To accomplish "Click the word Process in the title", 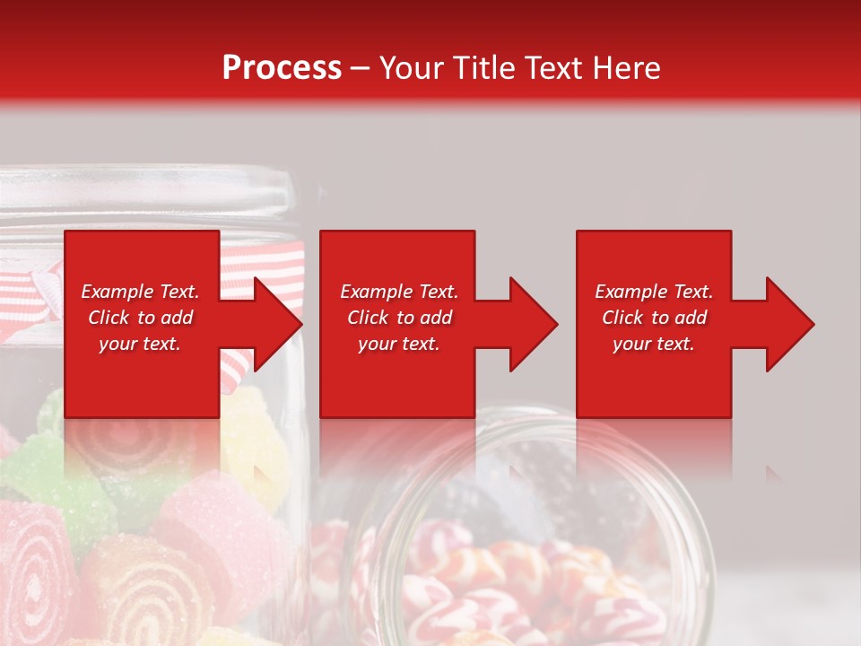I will coord(282,68).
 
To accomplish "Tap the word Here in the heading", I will coord(624,68).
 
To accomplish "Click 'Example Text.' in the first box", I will coord(140,292).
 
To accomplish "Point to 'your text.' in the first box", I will coord(140,344).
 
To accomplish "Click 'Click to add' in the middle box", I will coord(399,318).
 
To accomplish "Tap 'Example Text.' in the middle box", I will coord(399,292).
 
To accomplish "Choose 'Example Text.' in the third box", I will coord(654,292).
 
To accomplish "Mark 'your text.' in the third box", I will coord(654,344).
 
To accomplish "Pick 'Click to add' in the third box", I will coord(654,318).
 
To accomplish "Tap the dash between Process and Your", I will coord(361,68).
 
